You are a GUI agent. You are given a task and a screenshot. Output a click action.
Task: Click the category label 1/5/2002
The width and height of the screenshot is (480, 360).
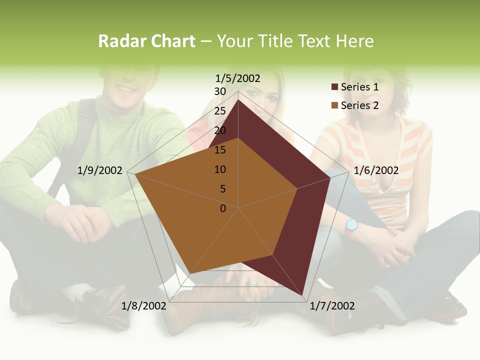tap(238, 78)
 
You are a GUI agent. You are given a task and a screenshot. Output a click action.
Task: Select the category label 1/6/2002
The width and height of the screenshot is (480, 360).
tap(376, 170)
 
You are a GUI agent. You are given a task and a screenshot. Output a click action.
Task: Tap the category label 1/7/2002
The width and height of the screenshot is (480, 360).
tap(332, 306)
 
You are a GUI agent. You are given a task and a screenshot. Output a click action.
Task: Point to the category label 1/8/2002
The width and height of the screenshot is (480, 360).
tap(144, 306)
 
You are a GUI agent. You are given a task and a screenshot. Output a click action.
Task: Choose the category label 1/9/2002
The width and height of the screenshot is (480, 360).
tap(100, 170)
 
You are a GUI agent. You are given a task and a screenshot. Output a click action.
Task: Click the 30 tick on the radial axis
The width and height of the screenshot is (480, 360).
tap(220, 91)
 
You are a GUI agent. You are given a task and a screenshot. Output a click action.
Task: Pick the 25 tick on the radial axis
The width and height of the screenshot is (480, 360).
tap(220, 111)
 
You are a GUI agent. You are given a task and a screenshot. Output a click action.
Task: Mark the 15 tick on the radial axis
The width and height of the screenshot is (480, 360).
tap(220, 150)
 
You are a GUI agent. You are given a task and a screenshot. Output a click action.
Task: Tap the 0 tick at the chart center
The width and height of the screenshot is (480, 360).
tap(223, 208)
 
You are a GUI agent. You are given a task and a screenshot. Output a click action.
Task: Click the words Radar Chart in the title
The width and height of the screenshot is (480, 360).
tap(146, 41)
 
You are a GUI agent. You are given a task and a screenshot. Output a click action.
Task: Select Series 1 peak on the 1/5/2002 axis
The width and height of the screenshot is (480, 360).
tap(238, 99)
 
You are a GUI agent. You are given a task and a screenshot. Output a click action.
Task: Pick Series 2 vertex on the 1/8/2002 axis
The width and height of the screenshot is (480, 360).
tap(190, 273)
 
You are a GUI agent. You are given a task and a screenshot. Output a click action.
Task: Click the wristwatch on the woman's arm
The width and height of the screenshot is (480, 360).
tap(351, 225)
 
